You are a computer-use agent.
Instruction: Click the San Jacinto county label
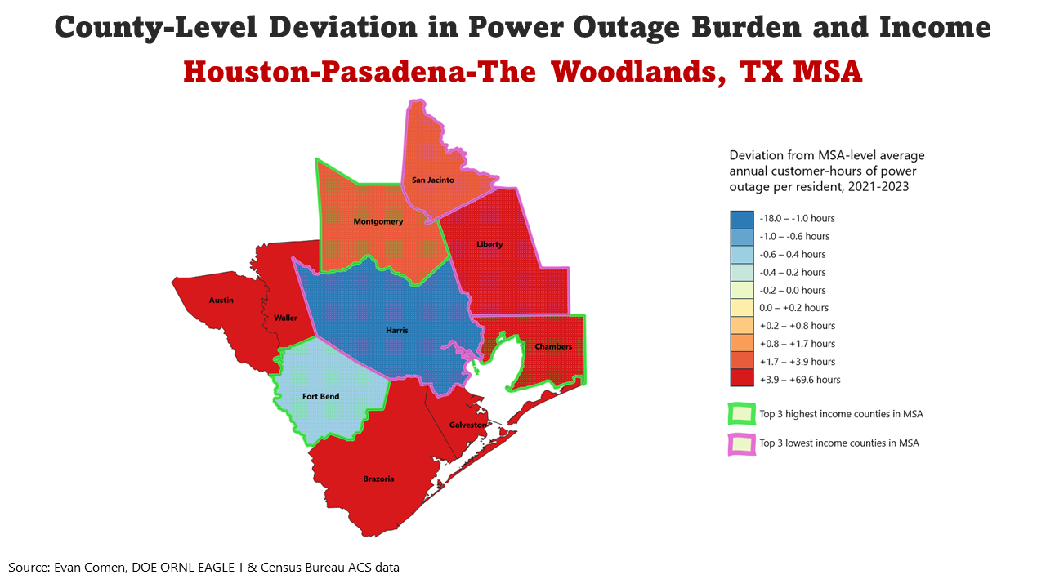point(432,180)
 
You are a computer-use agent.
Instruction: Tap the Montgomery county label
point(378,222)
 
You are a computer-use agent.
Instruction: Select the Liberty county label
point(489,244)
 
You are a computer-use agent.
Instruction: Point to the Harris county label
point(397,331)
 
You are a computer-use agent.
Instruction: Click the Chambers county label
point(553,346)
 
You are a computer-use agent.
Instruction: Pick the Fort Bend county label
point(320,397)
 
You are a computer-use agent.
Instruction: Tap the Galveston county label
point(468,425)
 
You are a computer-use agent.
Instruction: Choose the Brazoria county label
point(378,479)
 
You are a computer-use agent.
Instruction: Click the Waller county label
point(286,318)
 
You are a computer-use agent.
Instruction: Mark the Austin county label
point(221,301)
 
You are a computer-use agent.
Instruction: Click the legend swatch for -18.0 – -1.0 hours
point(742,219)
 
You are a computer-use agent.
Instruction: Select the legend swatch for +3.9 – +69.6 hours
point(742,379)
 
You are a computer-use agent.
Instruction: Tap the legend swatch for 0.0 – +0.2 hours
point(742,308)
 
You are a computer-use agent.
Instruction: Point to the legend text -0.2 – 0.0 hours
point(793,290)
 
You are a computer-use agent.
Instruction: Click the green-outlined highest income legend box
point(742,414)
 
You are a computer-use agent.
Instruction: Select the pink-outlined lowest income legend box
point(742,443)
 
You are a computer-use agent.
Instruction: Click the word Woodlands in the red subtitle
point(636,72)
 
